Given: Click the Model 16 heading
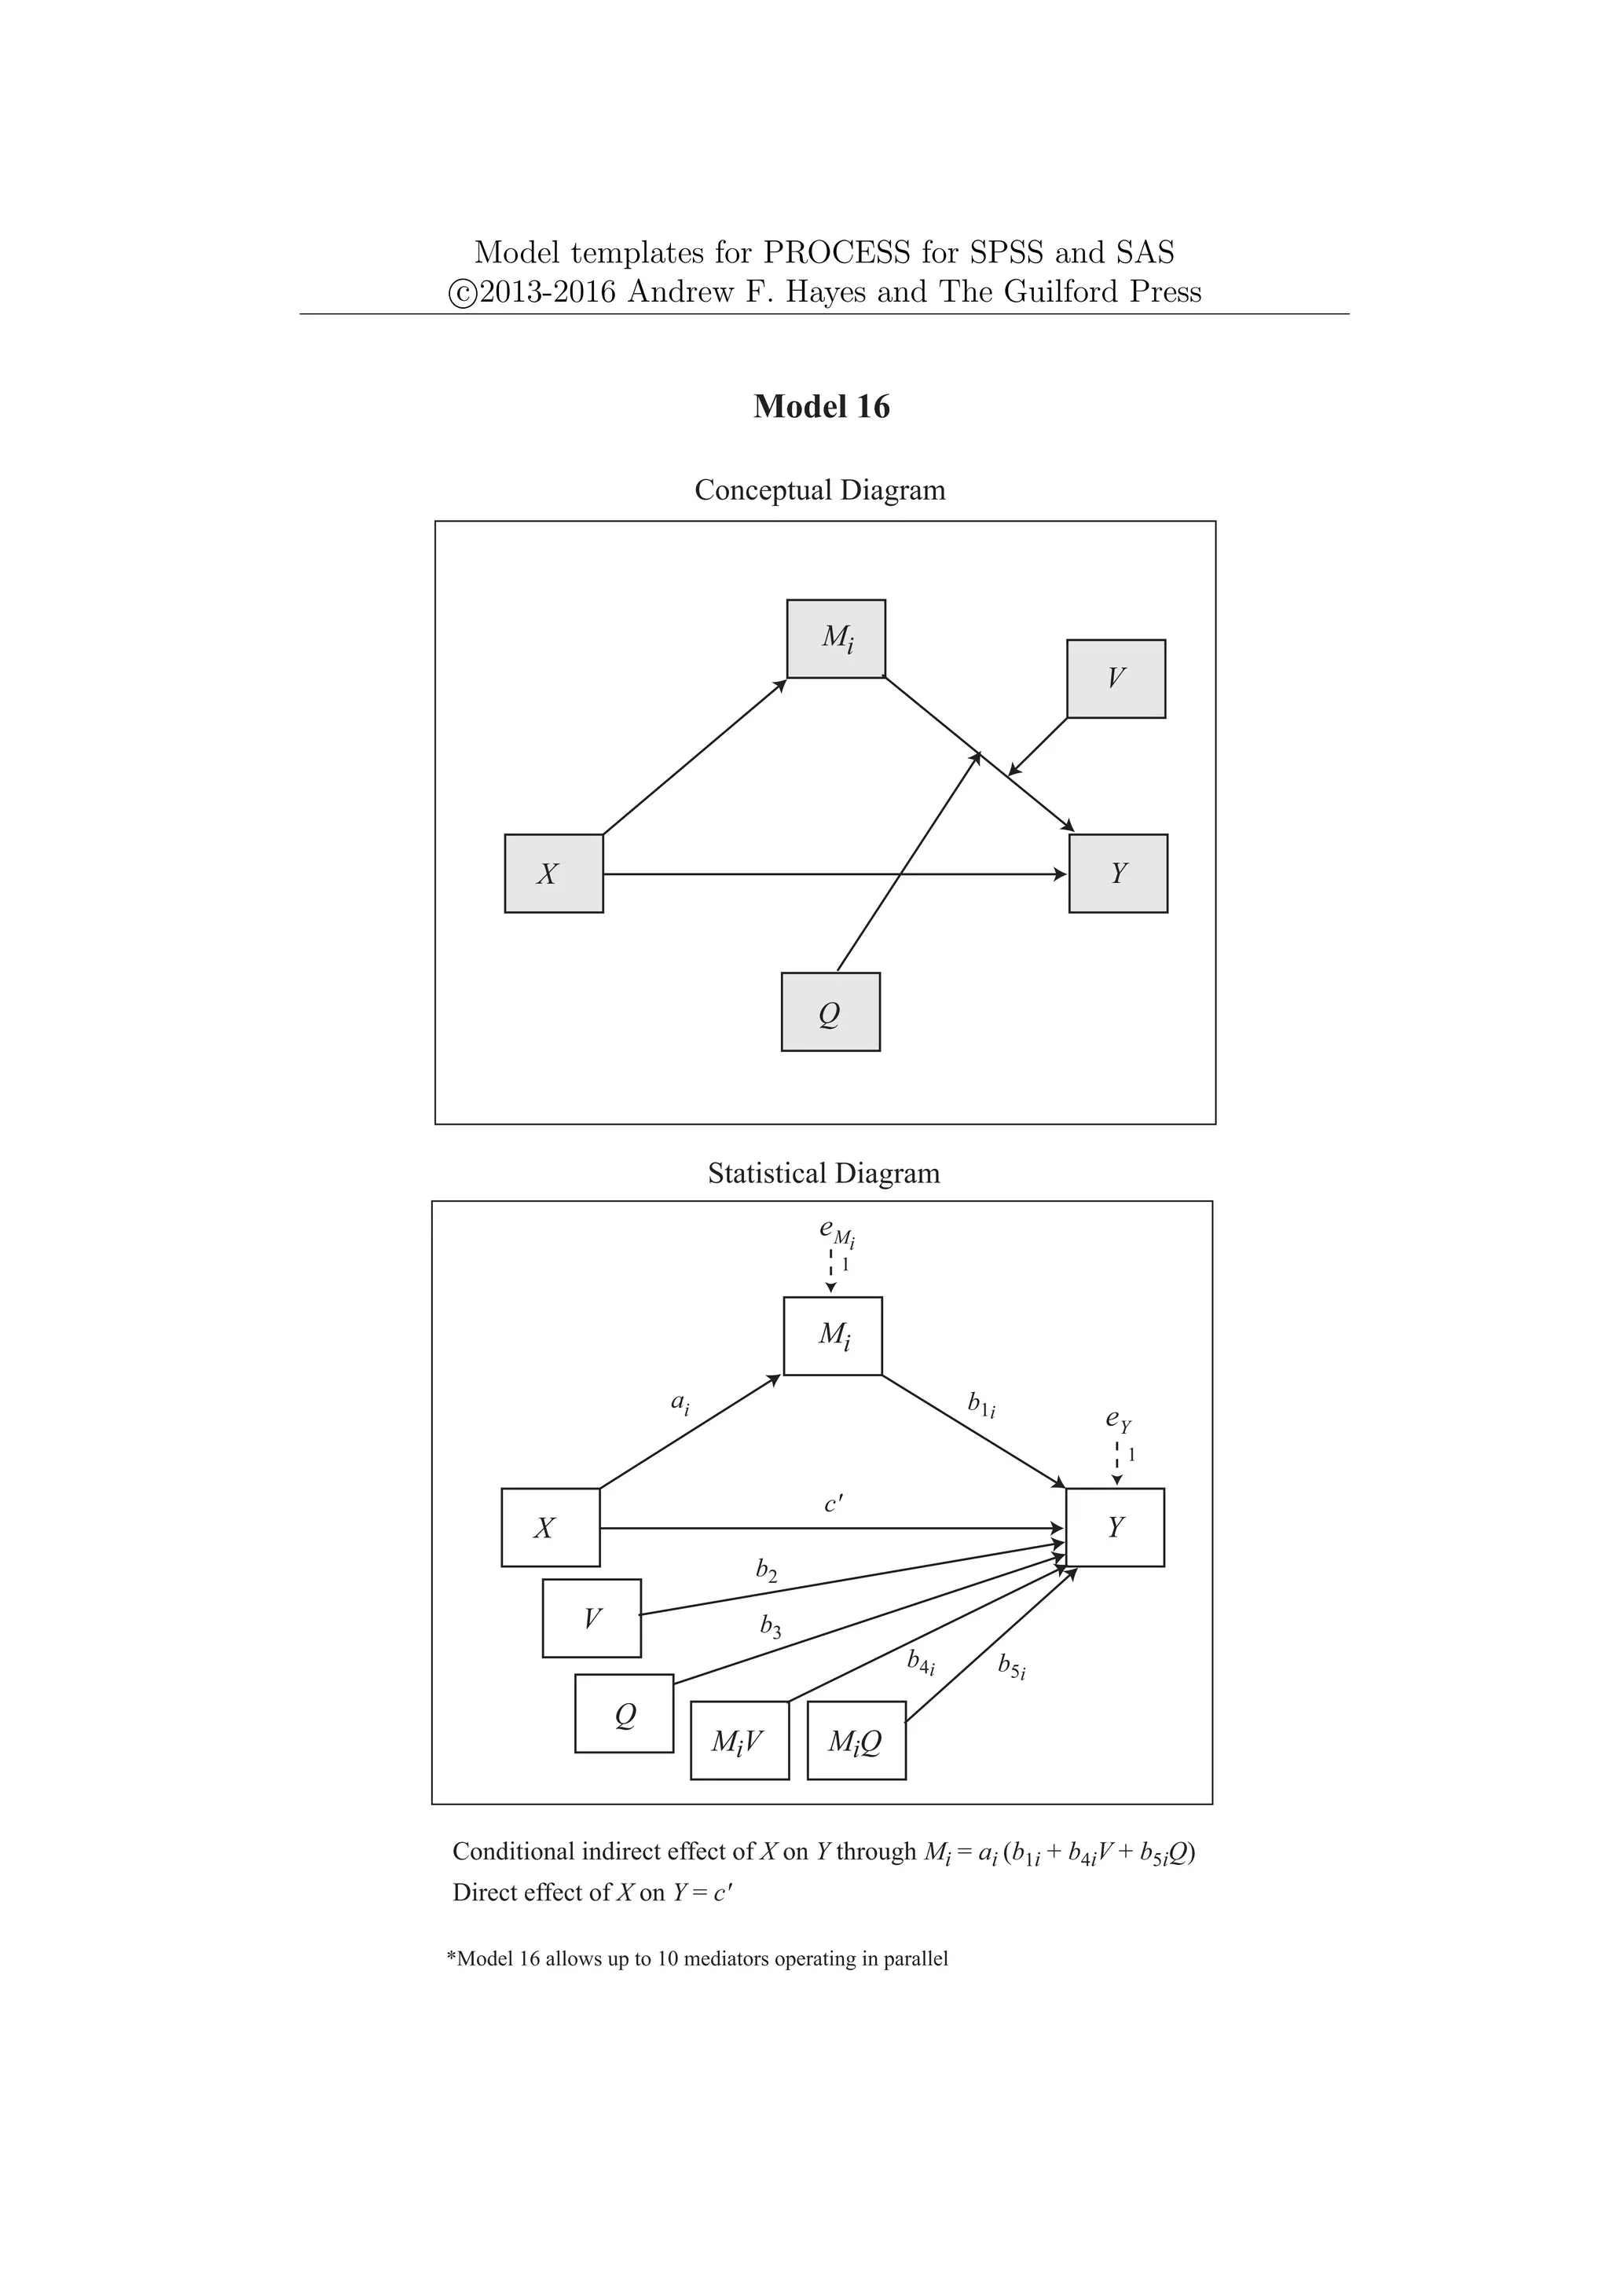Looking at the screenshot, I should pos(821,406).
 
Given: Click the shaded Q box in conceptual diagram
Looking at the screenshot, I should pos(830,1012).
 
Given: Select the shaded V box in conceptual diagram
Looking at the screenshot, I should pos(1116,679).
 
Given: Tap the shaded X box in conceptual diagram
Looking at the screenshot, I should pos(554,873).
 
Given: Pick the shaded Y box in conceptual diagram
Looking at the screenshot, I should pos(1118,873).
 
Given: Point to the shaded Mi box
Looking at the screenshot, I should pos(836,639).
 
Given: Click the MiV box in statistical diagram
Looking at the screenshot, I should pos(739,1741).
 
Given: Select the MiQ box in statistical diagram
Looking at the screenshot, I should pos(856,1741).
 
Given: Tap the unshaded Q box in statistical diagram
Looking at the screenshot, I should pos(624,1714).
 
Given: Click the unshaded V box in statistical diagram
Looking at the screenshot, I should pos(592,1618).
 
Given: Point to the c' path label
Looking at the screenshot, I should pos(834,1504).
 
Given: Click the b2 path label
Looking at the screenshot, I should pos(766,1570).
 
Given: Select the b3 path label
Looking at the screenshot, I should pos(771,1627).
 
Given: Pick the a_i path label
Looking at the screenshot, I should pos(680,1403).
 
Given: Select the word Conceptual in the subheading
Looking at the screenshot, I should pos(763,489).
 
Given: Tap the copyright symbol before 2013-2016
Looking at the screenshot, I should pos(462,293).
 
